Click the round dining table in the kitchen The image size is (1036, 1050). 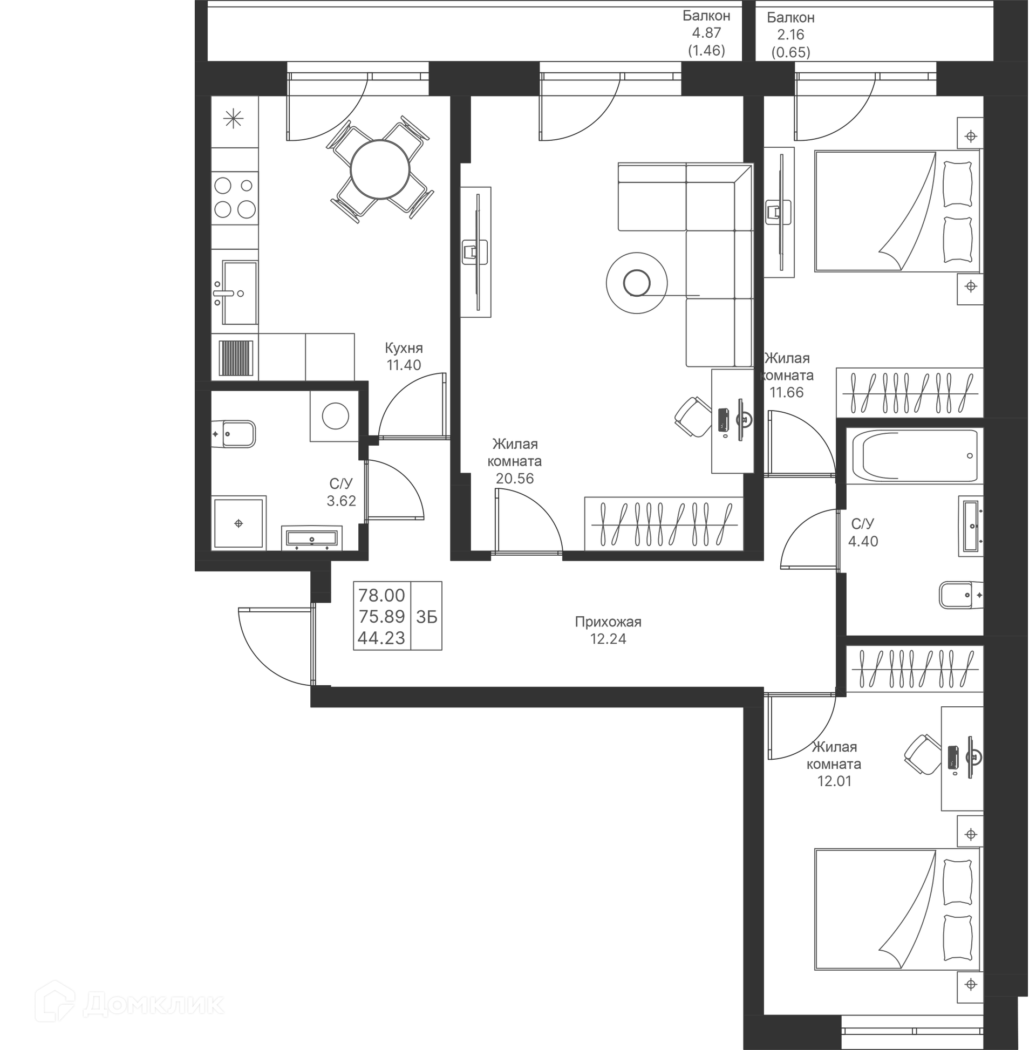pos(379,169)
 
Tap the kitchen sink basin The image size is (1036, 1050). pos(240,292)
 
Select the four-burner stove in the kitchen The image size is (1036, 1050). pos(235,198)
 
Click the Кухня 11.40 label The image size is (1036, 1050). pos(403,356)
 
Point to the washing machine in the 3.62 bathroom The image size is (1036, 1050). pos(335,416)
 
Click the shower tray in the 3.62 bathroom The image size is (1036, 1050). pos(238,523)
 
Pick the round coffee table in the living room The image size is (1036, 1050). pos(637,283)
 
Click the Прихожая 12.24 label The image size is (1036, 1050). pos(608,630)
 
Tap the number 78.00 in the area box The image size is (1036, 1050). pos(381,595)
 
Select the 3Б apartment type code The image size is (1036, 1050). pos(426,617)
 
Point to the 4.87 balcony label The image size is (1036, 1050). pos(706,32)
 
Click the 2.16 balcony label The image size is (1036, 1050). pos(790,35)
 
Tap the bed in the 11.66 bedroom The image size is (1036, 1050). pos(897,211)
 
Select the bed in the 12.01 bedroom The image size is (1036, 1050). pos(897,909)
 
